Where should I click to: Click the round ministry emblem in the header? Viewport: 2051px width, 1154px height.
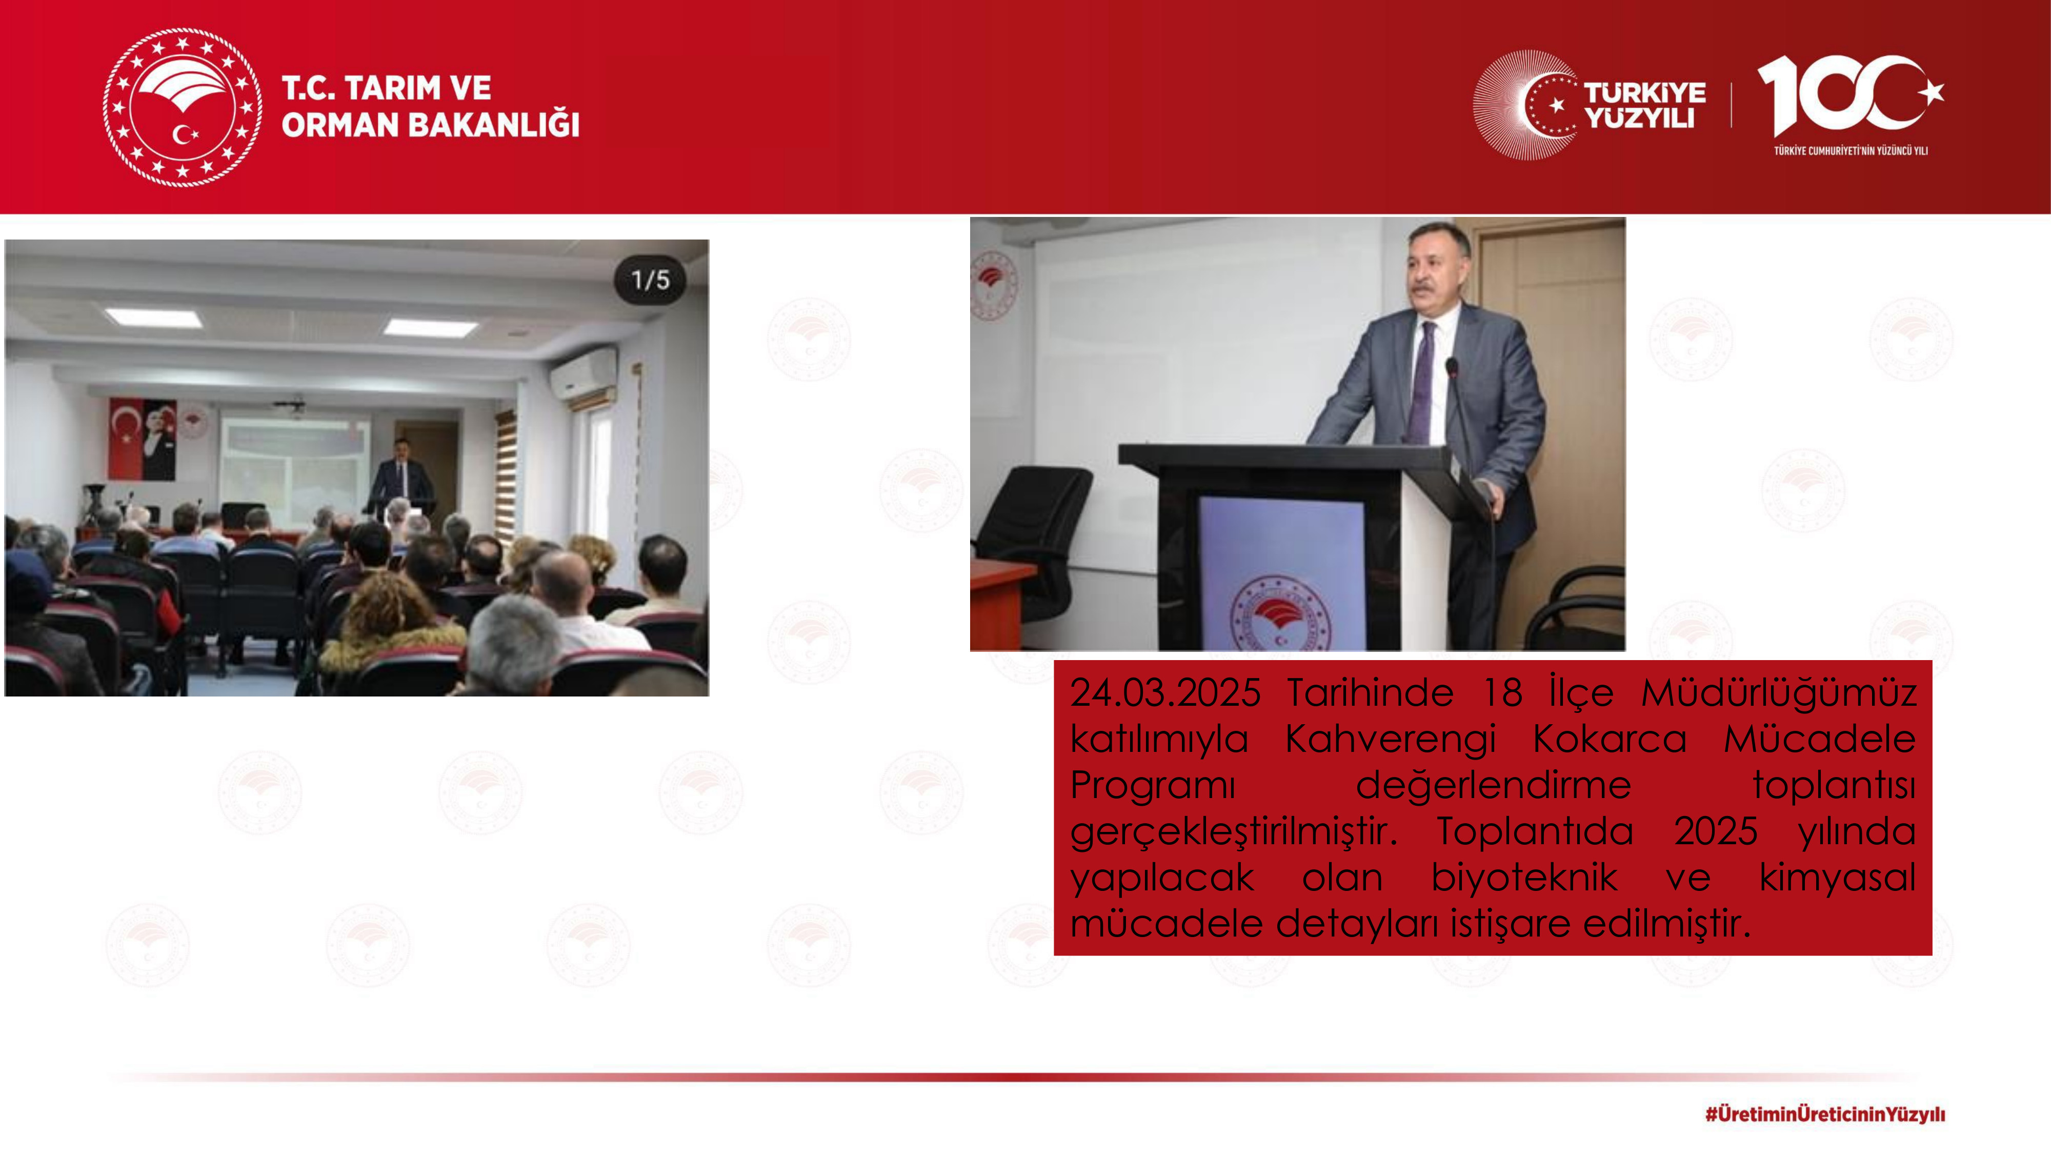coord(183,108)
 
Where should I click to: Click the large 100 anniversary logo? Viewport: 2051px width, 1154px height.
coord(1849,95)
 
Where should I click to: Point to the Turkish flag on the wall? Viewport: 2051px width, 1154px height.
coord(125,439)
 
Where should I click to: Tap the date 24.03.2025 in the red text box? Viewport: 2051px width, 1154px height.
coord(1165,692)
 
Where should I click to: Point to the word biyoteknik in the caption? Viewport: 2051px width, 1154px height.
coord(1524,878)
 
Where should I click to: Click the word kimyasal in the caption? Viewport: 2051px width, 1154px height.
coord(1837,878)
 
